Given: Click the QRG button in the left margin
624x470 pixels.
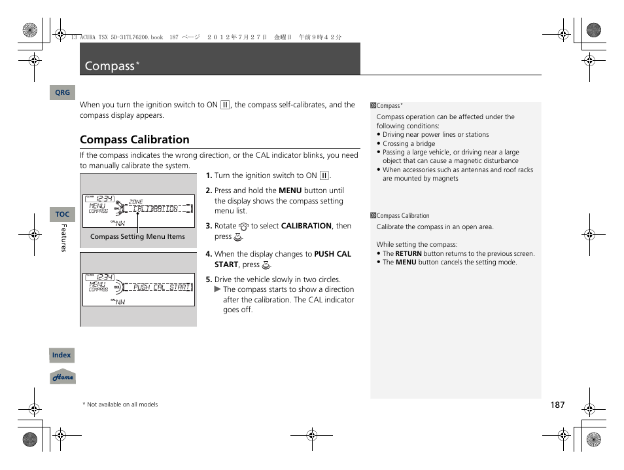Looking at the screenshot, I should click(x=62, y=93).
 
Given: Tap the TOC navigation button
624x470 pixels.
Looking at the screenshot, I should click(x=62, y=214).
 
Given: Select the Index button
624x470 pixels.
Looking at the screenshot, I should click(x=61, y=355).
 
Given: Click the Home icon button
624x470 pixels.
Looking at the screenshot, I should click(x=63, y=377).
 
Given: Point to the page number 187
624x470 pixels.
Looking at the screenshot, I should click(x=557, y=405).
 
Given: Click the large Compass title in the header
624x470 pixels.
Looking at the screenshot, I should click(x=109, y=66).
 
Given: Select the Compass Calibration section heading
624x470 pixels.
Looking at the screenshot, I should click(x=135, y=139).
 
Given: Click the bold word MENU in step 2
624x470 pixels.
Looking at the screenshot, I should click(x=290, y=190).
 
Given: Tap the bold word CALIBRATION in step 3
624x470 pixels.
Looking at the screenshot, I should click(x=306, y=226).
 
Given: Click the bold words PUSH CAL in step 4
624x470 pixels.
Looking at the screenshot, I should click(x=332, y=254).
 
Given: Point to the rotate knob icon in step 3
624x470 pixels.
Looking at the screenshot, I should click(x=244, y=226).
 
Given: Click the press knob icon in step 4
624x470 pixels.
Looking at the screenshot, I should click(x=266, y=265).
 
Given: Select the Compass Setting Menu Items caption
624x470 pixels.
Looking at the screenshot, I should click(x=137, y=237).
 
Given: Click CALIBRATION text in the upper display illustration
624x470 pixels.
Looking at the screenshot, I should click(x=156, y=209).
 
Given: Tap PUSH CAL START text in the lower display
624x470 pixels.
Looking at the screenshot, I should click(x=161, y=287).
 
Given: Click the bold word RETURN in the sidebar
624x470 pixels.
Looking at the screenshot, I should click(x=408, y=254).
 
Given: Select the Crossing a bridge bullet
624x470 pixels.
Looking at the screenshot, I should click(x=409, y=143).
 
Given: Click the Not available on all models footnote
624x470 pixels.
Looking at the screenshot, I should click(x=122, y=405).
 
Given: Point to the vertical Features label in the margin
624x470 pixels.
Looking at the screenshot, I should click(x=64, y=238).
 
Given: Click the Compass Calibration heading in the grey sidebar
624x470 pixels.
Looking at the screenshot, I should click(x=402, y=216).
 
